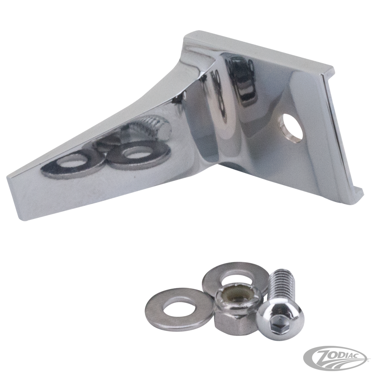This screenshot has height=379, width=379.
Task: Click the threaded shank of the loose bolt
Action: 282,285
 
